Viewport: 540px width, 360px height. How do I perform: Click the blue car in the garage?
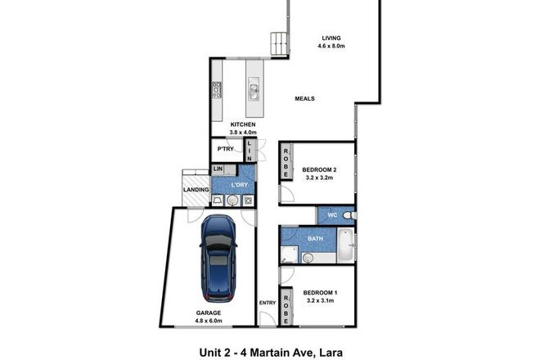pos(218,257)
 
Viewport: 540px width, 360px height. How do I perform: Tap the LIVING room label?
pos(331,38)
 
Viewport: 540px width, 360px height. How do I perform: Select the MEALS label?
pos(304,99)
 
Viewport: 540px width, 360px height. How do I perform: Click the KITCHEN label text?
pos(243,124)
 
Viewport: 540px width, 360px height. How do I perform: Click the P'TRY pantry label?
pos(226,150)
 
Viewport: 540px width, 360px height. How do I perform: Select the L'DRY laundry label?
pos(239,185)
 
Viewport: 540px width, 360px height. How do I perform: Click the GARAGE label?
pos(208,313)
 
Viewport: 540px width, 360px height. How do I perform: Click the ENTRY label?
pos(268,303)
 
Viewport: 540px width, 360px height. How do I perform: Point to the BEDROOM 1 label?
pos(322,292)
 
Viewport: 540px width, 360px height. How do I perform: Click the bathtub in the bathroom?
pos(345,245)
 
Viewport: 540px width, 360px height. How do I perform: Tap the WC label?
pos(332,216)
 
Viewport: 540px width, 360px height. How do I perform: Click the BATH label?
pos(314,239)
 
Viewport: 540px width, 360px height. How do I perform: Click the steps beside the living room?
pos(280,44)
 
